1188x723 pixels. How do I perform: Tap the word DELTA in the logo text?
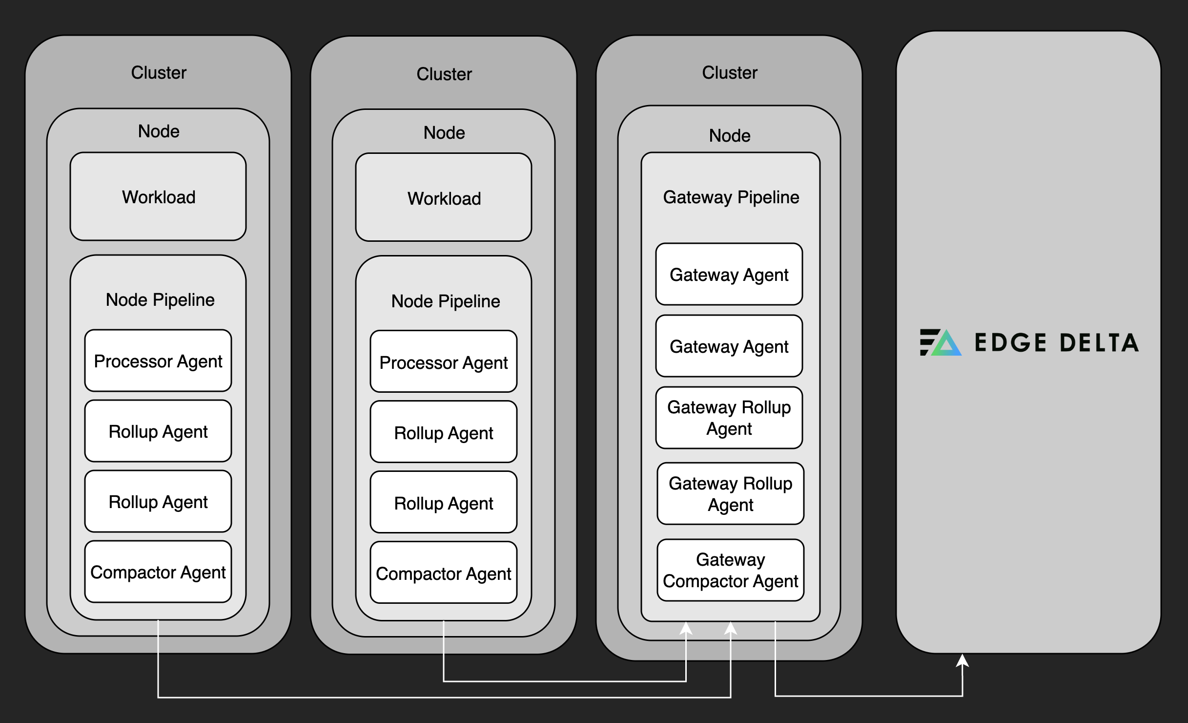point(1099,342)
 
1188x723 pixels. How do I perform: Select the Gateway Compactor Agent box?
point(730,570)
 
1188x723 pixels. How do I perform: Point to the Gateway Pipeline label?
point(731,197)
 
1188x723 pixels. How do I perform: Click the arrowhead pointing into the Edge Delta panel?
point(962,660)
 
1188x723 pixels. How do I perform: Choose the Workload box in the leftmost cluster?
point(158,197)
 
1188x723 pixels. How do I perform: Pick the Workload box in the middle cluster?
point(444,198)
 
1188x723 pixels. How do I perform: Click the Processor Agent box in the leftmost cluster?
point(158,361)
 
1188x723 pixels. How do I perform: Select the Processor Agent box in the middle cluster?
point(444,362)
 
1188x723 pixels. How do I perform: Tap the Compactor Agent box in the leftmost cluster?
point(158,572)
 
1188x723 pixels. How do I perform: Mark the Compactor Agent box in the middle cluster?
point(444,573)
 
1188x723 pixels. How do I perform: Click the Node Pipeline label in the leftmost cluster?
point(160,300)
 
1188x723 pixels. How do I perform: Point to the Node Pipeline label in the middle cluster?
point(446,301)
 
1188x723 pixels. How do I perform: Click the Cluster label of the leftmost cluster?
point(159,73)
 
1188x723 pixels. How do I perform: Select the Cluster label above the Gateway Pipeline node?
point(730,73)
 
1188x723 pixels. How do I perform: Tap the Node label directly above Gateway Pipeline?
point(730,136)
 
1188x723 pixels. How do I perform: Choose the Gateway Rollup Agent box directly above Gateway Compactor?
point(730,494)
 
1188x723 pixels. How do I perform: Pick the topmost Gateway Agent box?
point(729,275)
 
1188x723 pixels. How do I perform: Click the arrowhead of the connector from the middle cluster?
point(686,628)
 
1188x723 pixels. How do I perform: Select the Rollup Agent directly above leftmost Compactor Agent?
point(158,502)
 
